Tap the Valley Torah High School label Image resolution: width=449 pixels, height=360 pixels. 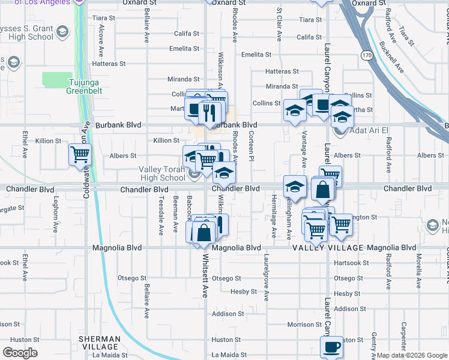pyautogui.click(x=162, y=173)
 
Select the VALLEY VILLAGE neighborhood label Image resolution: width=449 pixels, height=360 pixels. pyautogui.click(x=328, y=248)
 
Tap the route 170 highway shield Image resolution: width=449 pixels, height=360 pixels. pyautogui.click(x=367, y=55)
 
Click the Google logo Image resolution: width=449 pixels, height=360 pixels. pyautogui.click(x=20, y=353)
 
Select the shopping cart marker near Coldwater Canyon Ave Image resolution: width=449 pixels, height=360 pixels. pyautogui.click(x=80, y=155)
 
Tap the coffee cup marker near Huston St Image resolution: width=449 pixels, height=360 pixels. pyautogui.click(x=331, y=346)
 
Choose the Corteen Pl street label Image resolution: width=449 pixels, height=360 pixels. pyautogui.click(x=251, y=146)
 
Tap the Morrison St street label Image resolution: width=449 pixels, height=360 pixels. pyautogui.click(x=300, y=325)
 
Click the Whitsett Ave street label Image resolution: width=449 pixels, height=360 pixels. pyautogui.click(x=205, y=277)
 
